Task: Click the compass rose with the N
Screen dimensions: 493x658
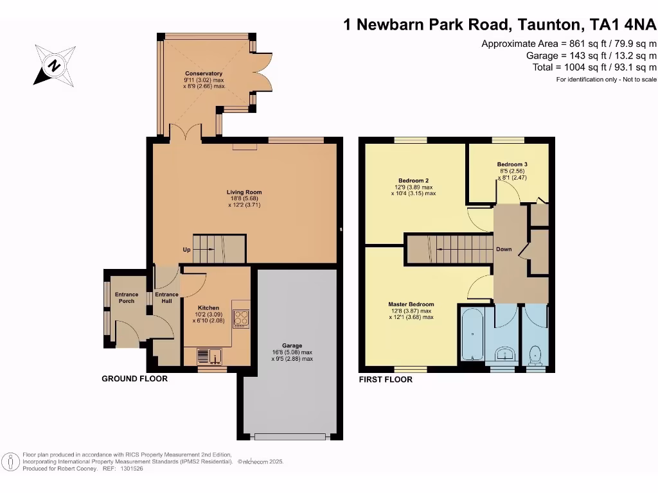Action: tap(55, 65)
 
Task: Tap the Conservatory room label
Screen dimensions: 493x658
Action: tap(204, 74)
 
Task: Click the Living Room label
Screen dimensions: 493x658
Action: tap(244, 192)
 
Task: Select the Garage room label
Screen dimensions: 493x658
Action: tap(292, 345)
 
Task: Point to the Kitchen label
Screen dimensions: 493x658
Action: tap(208, 307)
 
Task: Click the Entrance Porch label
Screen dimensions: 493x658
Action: tap(127, 298)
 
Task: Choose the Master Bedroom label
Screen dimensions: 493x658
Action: tap(411, 304)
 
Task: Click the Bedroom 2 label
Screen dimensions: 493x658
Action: tap(413, 180)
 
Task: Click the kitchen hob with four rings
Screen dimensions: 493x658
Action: tap(240, 318)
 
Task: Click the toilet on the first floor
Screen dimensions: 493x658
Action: tap(535, 355)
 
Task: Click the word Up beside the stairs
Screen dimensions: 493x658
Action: tap(186, 249)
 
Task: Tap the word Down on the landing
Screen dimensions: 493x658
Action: tap(504, 249)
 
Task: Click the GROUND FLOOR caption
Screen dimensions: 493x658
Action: tap(134, 379)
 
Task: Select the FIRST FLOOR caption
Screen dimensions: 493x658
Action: tap(386, 379)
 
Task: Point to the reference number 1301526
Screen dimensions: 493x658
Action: tap(132, 469)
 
